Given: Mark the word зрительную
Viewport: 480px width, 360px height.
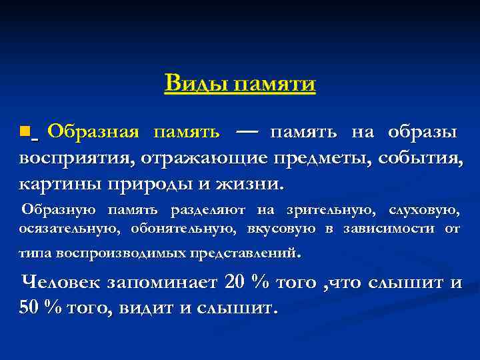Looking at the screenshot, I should coord(326,211).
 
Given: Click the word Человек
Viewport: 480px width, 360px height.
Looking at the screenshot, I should coord(61,283).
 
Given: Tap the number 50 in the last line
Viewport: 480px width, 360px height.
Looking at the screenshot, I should coord(30,309).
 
